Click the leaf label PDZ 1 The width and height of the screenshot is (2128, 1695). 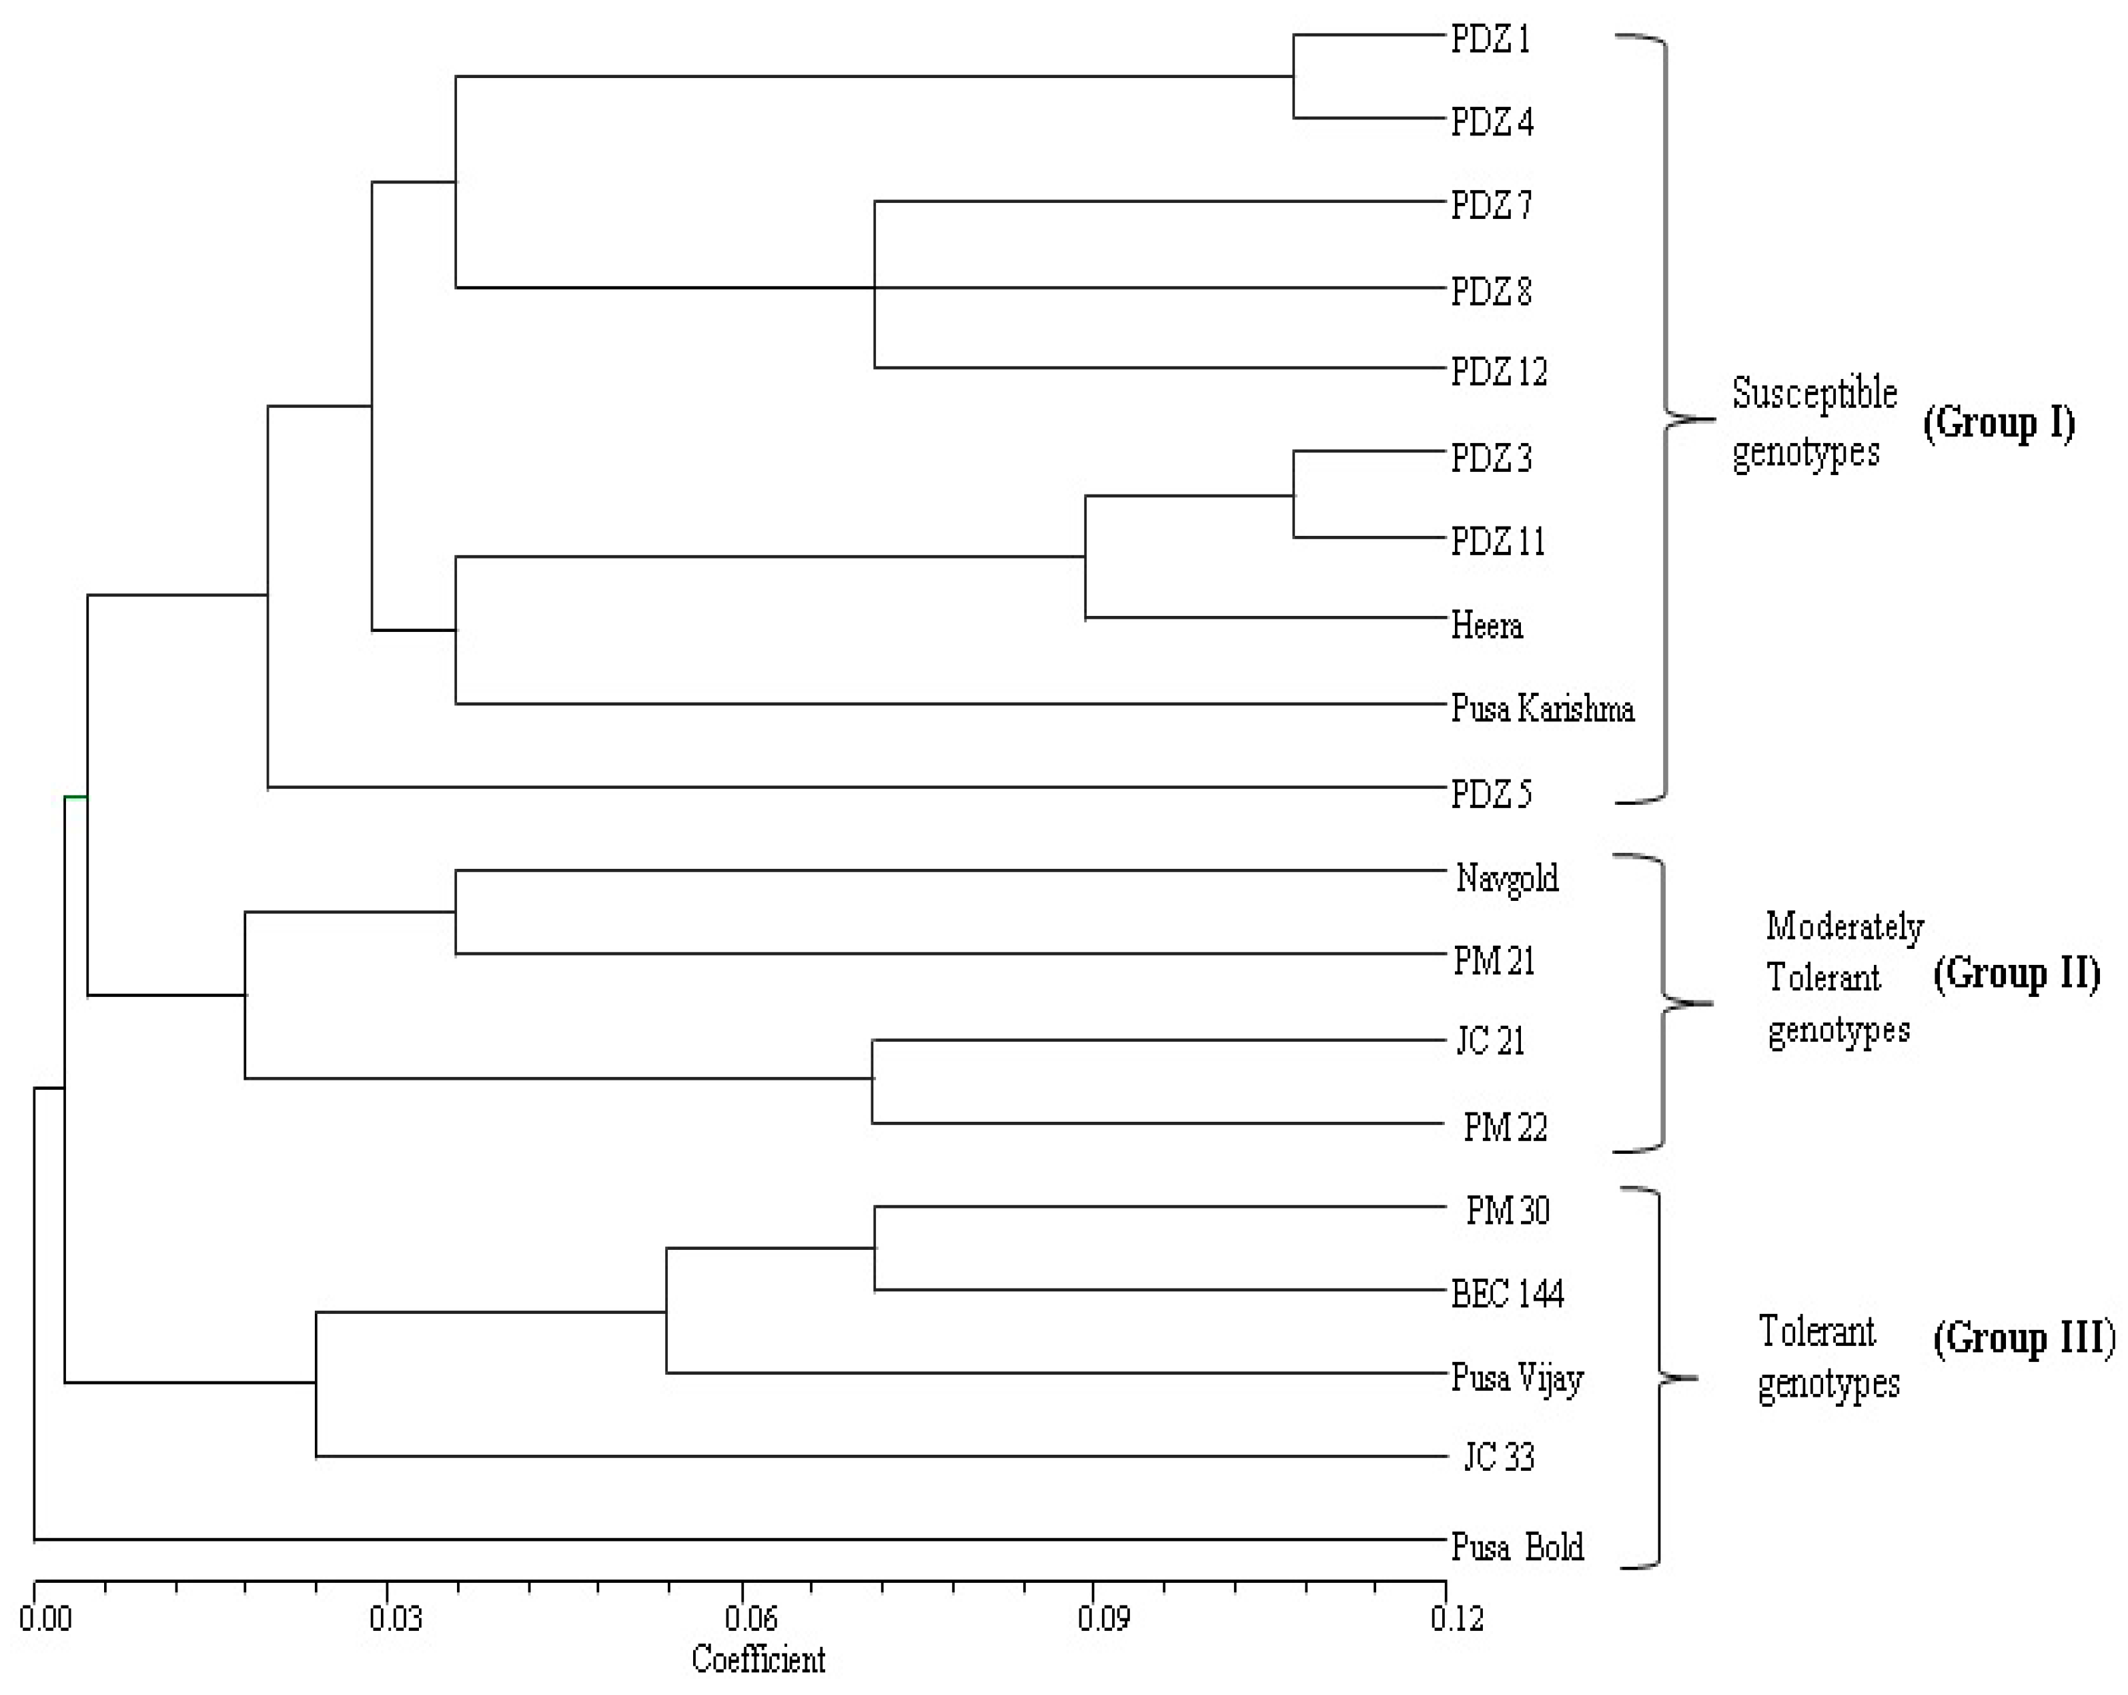[1490, 39]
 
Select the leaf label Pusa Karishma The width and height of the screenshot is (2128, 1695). [1542, 709]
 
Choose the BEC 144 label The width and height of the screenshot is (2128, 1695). [1507, 1294]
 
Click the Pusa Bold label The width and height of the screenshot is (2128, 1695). [1517, 1547]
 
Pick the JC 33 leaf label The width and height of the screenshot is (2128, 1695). [1498, 1457]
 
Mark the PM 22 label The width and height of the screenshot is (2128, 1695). [1504, 1126]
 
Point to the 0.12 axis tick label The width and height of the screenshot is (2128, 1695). [1457, 1619]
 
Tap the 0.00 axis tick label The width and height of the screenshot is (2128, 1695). [45, 1619]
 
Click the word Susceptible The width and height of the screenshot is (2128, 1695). [1814, 393]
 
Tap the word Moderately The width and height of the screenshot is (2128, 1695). [1844, 927]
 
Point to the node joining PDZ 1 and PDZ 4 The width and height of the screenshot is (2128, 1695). [1294, 76]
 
